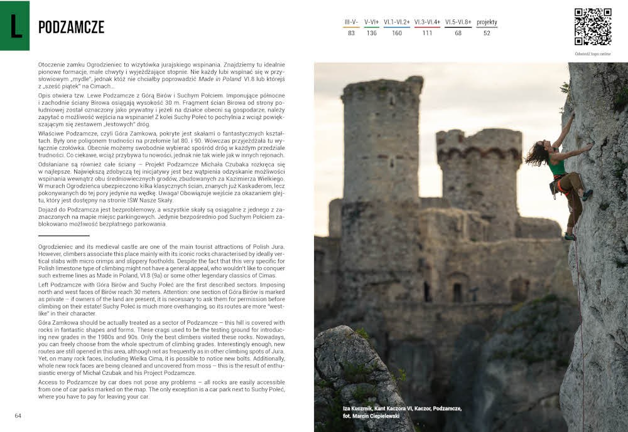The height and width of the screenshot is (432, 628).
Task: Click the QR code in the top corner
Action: point(593,26)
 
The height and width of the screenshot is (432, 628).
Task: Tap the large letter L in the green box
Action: point(14,26)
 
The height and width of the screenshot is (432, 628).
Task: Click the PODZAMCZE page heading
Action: point(71,27)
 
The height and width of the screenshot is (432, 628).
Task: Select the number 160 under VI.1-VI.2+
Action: point(397,33)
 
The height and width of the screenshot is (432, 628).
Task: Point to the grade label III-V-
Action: point(351,22)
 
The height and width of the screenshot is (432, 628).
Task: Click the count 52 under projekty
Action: point(487,33)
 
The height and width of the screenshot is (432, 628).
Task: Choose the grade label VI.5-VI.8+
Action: point(458,22)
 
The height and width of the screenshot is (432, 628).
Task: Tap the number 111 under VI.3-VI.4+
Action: point(427,33)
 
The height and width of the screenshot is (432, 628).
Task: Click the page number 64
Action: point(18,415)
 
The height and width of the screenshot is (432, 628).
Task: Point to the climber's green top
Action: point(556,167)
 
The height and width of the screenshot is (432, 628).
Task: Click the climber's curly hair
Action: point(538,154)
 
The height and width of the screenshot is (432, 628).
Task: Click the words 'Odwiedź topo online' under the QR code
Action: point(593,53)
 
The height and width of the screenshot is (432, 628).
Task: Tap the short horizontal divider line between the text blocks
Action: point(63,235)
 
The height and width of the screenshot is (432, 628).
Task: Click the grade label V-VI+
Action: point(371,22)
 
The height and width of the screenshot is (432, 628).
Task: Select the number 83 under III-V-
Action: point(351,33)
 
